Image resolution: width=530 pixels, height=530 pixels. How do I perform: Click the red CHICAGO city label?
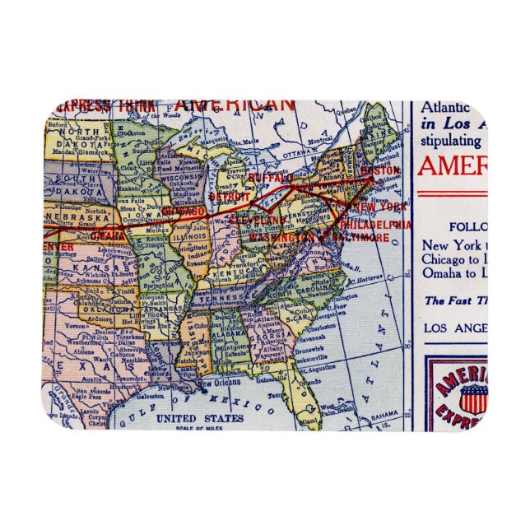click(184, 212)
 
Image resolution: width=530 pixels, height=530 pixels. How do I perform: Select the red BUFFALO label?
click(270, 178)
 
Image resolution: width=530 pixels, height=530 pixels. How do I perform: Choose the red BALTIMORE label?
click(362, 237)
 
